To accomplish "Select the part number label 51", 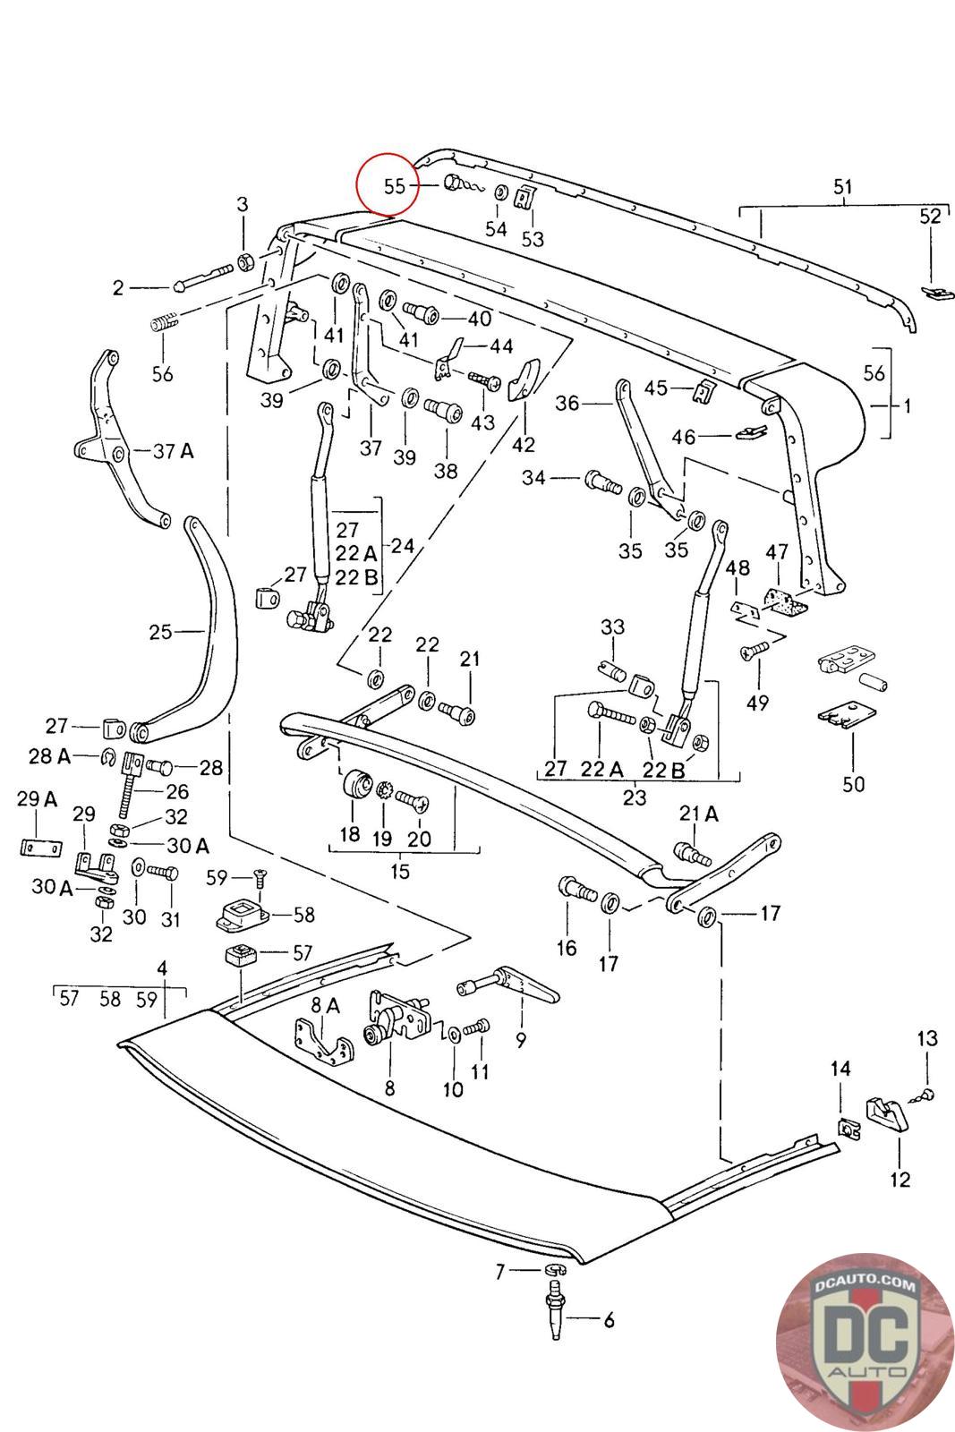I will click(842, 188).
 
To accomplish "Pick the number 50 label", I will click(854, 784).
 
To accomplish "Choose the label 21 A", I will click(699, 814).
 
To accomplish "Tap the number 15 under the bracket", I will click(400, 870).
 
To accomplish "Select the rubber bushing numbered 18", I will click(358, 785).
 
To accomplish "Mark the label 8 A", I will click(325, 1006).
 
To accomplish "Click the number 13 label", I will click(927, 1038).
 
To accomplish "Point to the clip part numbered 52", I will click(933, 292).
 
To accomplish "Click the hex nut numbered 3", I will click(243, 263).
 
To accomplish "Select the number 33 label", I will click(612, 626).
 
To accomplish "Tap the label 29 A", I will click(37, 799).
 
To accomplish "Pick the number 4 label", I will click(162, 967).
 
